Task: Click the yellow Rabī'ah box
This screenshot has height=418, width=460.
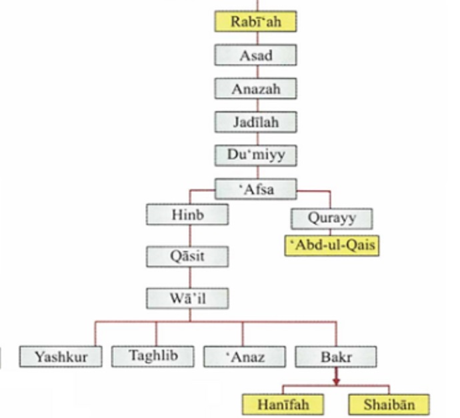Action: [255, 22]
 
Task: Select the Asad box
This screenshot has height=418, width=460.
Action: [255, 55]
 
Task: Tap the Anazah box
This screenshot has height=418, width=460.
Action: [255, 89]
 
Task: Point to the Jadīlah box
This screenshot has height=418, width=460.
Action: [255, 123]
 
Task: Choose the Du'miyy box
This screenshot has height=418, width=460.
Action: [255, 156]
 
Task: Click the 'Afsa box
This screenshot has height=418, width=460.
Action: [255, 189]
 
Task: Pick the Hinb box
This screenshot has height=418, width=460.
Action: [187, 215]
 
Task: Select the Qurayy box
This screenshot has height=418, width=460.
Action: [331, 218]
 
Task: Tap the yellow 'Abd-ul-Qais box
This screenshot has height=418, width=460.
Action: [331, 245]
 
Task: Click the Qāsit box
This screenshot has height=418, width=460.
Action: [187, 257]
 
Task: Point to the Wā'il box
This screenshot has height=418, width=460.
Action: [187, 298]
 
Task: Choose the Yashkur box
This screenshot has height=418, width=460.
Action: [62, 357]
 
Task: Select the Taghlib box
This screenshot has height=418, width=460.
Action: [153, 356]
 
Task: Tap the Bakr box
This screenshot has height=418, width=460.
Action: [335, 357]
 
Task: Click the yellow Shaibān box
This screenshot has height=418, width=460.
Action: [389, 404]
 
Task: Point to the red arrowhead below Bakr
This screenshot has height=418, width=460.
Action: [336, 381]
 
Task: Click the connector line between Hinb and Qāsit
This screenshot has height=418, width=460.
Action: [189, 235]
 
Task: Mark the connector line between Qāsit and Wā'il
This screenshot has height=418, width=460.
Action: [189, 277]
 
